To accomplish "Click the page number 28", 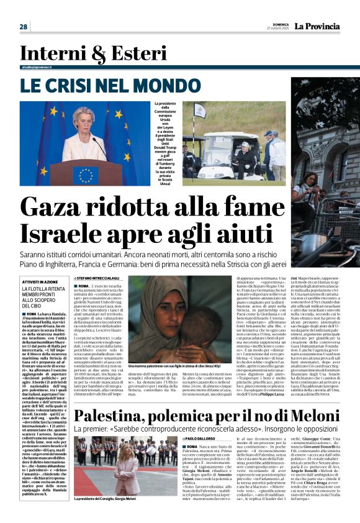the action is (24, 27).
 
